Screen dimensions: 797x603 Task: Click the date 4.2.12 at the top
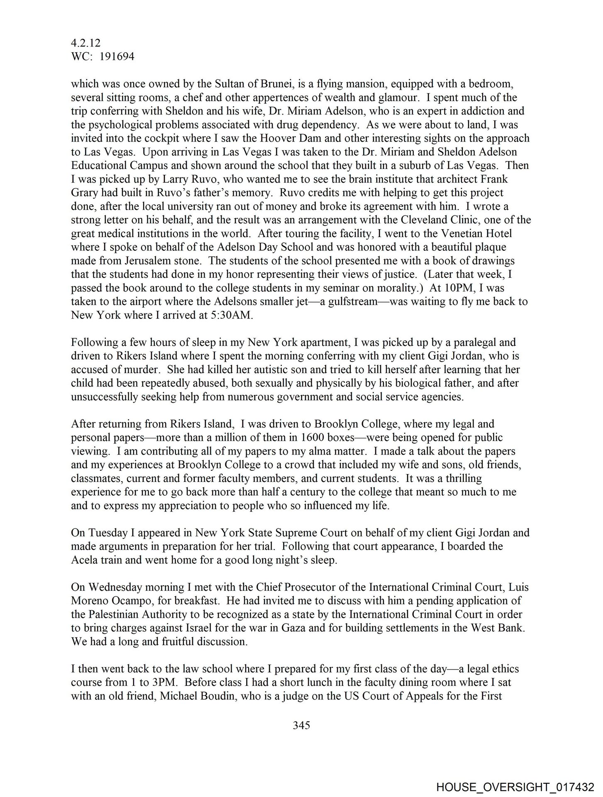click(x=85, y=43)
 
